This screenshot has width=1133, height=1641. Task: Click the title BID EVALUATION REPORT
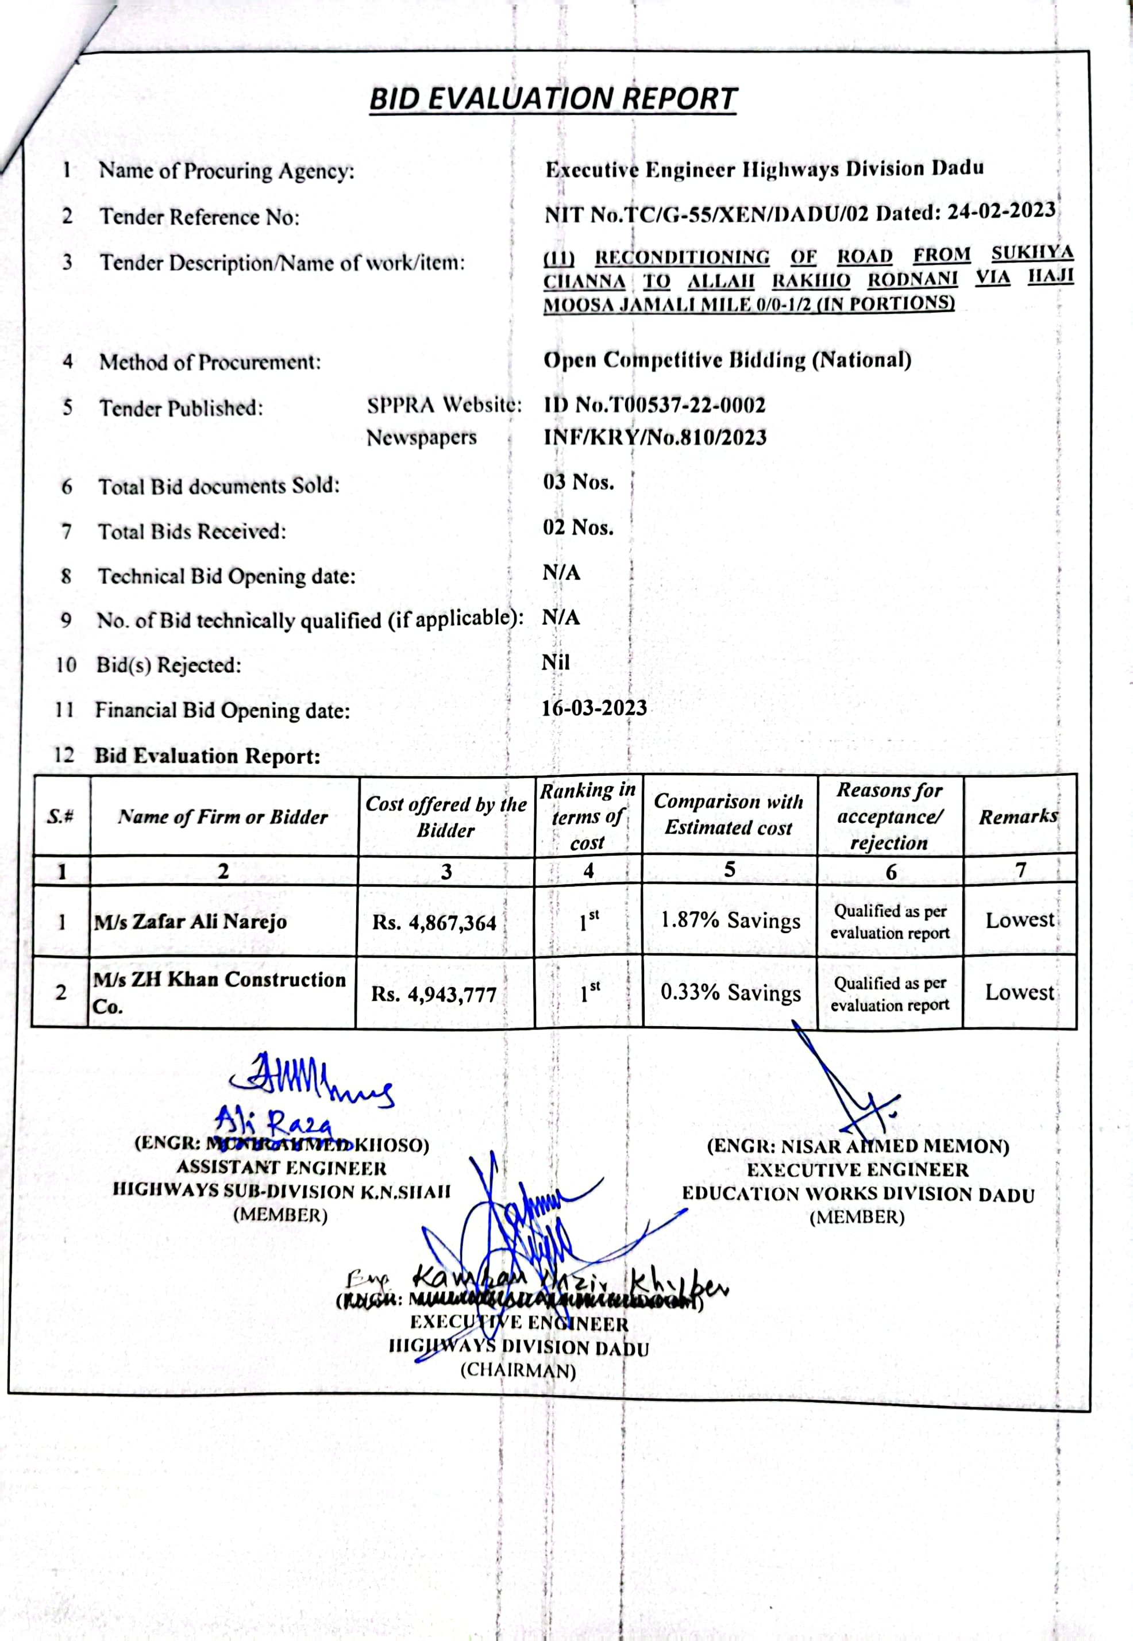[x=553, y=99]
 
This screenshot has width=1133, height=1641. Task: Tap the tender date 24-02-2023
[x=1001, y=211]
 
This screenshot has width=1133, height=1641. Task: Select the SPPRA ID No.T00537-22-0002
[x=654, y=405]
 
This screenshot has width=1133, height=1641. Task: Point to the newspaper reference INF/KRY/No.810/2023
[x=654, y=437]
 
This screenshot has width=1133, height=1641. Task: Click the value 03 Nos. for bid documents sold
[x=578, y=483]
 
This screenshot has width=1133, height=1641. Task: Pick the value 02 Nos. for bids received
[x=578, y=527]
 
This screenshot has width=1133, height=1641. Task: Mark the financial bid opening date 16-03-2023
[x=594, y=708]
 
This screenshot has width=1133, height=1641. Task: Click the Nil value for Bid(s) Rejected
[x=555, y=662]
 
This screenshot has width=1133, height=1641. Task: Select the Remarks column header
[x=1018, y=816]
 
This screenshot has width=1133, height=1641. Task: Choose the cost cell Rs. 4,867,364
[x=434, y=923]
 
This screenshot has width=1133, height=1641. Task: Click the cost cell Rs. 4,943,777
[x=433, y=995]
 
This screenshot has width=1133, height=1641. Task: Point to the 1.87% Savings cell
[x=730, y=920]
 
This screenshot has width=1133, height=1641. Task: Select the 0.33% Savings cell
[x=730, y=992]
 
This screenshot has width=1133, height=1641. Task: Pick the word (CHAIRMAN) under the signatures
[x=518, y=1370]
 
